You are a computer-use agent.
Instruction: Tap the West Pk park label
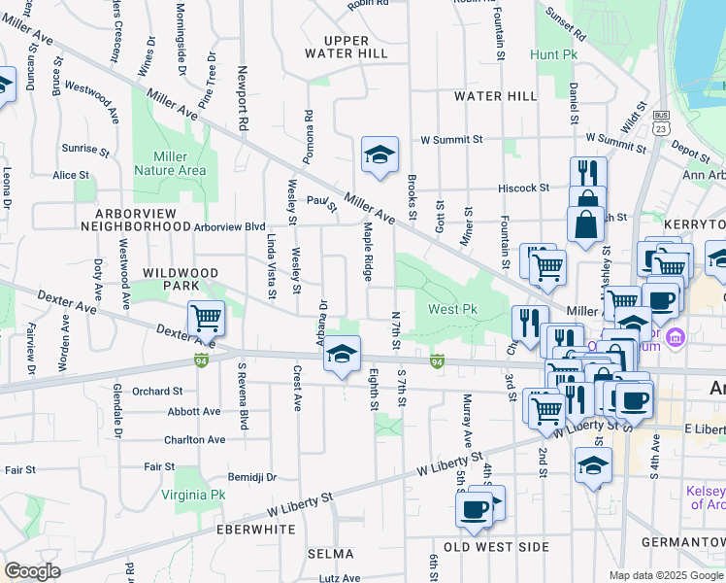point(452,310)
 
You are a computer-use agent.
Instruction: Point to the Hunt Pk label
point(554,55)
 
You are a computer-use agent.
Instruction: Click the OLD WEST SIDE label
point(496,547)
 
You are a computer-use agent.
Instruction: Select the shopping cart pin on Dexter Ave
point(206,318)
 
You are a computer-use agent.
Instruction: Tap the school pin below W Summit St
point(379,154)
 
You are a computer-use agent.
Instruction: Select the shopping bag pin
point(586,223)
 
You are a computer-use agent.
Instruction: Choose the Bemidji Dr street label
point(252,478)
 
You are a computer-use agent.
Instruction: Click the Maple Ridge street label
point(369,251)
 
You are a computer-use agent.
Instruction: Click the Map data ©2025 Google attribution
point(666,575)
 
